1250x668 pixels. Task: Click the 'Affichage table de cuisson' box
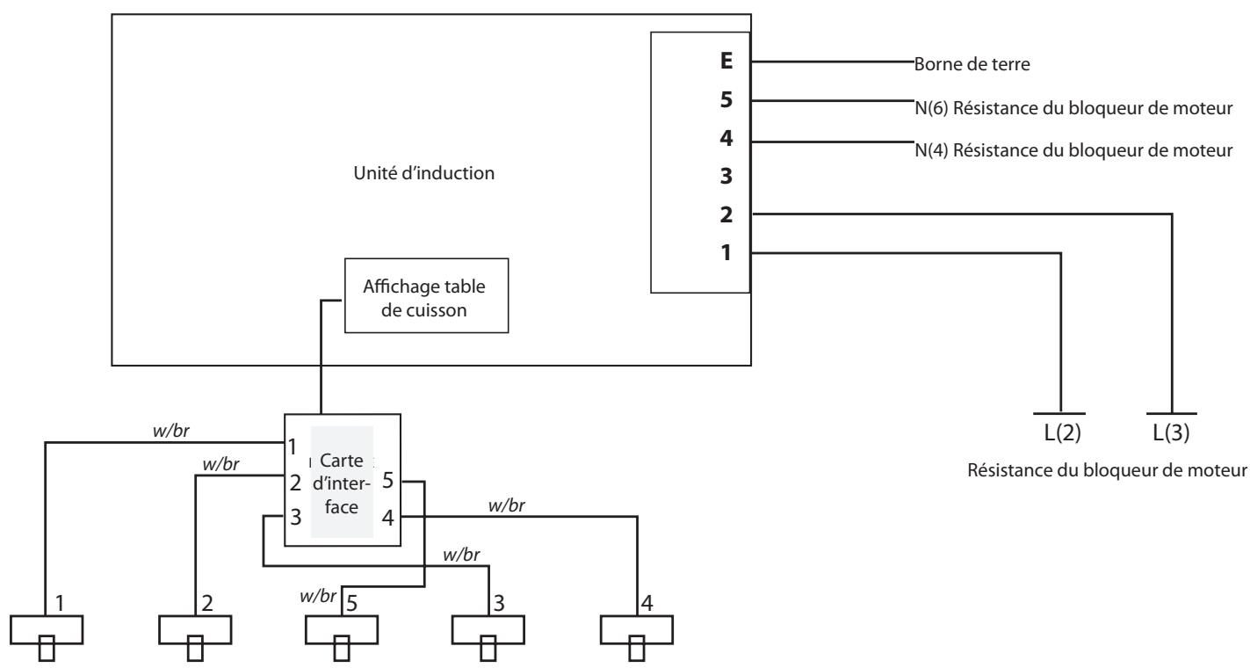click(426, 295)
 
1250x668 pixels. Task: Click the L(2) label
click(1061, 435)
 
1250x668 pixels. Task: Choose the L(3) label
click(1172, 435)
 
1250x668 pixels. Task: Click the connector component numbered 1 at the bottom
click(46, 630)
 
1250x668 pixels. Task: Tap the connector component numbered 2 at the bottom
click(194, 630)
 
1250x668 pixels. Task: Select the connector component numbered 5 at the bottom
click(341, 630)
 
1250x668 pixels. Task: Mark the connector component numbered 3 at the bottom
click(488, 630)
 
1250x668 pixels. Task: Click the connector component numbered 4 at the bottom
click(636, 630)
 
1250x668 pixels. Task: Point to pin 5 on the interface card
click(387, 482)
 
